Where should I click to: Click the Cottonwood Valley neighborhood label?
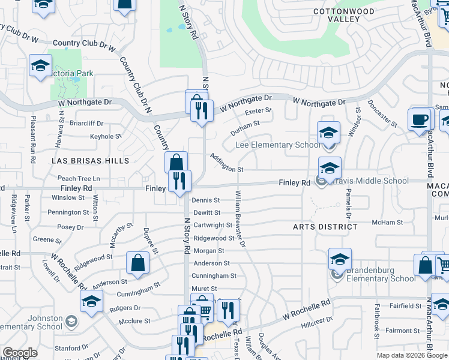(344, 15)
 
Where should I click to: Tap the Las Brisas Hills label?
(91, 161)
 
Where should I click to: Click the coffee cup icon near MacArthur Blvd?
(420, 119)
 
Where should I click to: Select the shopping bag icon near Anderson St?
(137, 262)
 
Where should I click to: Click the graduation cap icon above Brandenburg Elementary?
(340, 259)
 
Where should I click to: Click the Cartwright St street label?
(212, 225)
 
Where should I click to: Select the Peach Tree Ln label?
(79, 179)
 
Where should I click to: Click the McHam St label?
(387, 222)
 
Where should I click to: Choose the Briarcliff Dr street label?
(87, 123)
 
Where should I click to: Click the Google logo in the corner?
(20, 353)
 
